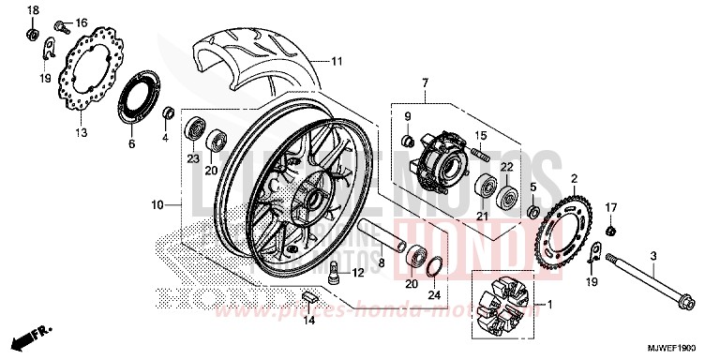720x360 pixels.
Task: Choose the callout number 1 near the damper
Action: pyautogui.click(x=550, y=304)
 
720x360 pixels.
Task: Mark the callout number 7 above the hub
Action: pyautogui.click(x=424, y=84)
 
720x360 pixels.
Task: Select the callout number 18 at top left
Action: pyautogui.click(x=33, y=10)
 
